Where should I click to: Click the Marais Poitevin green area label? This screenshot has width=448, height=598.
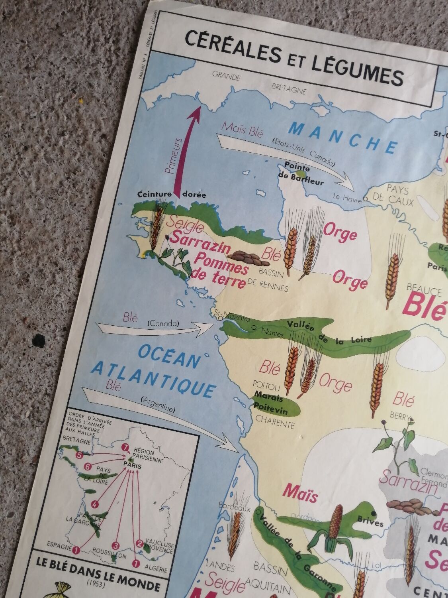[x=273, y=403]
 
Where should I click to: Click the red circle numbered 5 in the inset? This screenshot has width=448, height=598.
[x=79, y=454]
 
